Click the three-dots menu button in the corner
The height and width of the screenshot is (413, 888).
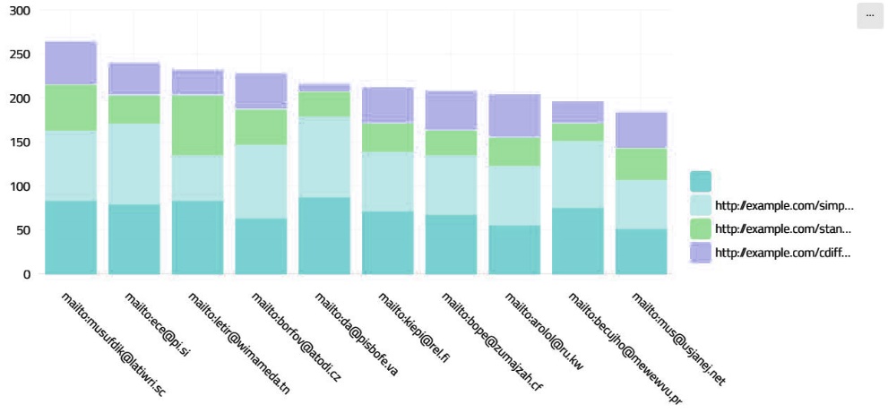pyautogui.click(x=870, y=15)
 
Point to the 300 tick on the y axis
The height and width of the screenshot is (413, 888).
pyautogui.click(x=19, y=11)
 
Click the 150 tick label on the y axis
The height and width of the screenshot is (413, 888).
pyautogui.click(x=19, y=142)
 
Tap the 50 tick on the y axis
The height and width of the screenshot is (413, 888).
pyautogui.click(x=22, y=230)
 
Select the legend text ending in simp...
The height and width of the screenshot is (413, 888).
pyautogui.click(x=784, y=205)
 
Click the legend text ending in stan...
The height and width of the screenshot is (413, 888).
pyautogui.click(x=784, y=228)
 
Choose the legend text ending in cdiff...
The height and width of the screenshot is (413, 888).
pyautogui.click(x=784, y=253)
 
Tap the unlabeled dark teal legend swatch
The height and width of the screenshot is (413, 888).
pyautogui.click(x=701, y=181)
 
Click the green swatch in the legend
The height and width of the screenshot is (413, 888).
pyautogui.click(x=701, y=228)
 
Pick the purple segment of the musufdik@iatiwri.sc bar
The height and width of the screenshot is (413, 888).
pyautogui.click(x=71, y=63)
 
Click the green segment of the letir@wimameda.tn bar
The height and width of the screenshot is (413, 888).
pyautogui.click(x=197, y=125)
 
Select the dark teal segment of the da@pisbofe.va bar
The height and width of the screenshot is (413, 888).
pyautogui.click(x=323, y=236)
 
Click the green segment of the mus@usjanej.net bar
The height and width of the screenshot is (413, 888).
pyautogui.click(x=641, y=164)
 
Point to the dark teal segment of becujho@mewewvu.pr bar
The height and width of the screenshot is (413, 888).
pyautogui.click(x=577, y=241)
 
